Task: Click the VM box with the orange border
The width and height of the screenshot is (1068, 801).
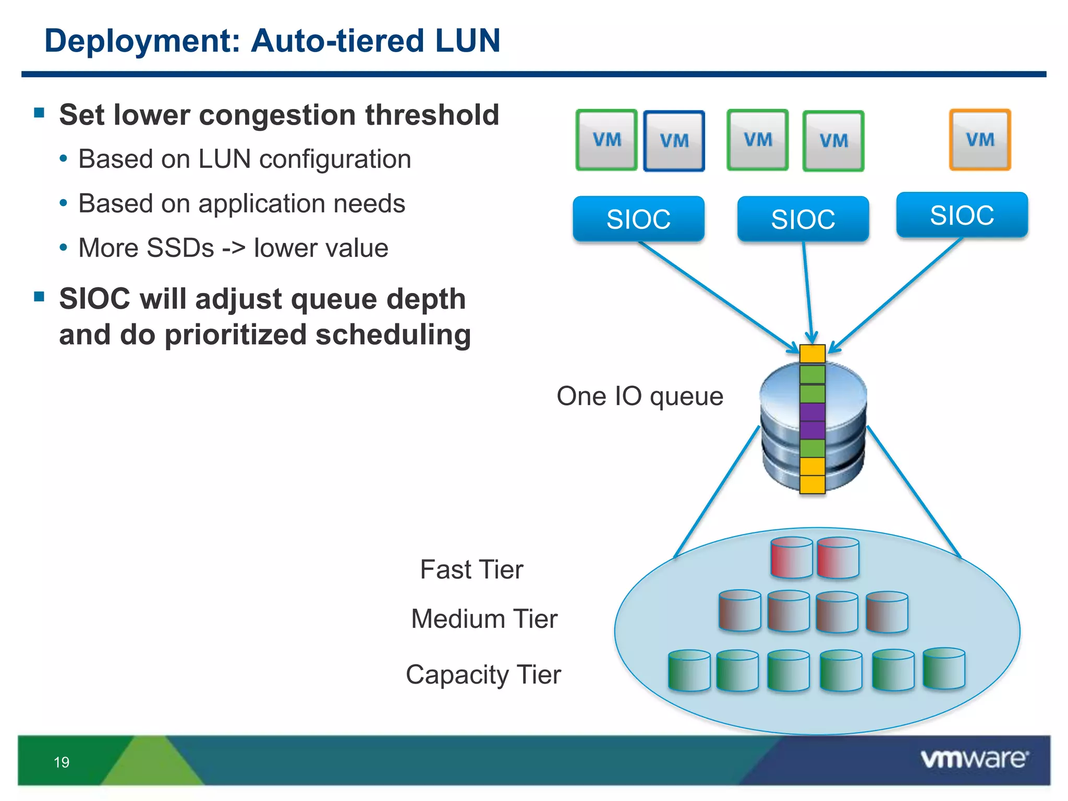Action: click(x=980, y=140)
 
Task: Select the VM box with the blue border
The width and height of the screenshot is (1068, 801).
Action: click(x=674, y=141)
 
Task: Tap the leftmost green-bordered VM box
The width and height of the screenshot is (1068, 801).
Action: click(x=606, y=140)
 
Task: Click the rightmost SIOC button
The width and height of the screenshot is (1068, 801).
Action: click(x=962, y=215)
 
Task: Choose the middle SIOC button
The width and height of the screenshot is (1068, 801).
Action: click(x=803, y=219)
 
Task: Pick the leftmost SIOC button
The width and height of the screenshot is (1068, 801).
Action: click(x=638, y=219)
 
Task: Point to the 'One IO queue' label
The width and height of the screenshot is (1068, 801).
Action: click(x=640, y=396)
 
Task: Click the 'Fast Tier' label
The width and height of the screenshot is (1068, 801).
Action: click(x=471, y=569)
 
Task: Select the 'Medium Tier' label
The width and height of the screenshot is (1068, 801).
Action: click(x=484, y=619)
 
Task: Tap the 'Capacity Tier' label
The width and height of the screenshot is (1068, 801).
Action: click(x=483, y=675)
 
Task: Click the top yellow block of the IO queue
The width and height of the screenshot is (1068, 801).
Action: click(x=812, y=354)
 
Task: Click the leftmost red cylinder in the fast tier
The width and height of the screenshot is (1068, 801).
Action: click(x=791, y=558)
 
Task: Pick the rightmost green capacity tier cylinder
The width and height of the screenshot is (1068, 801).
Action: click(x=943, y=669)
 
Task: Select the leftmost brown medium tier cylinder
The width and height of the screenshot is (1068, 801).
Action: click(x=739, y=611)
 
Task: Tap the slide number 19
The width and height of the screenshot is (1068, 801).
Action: click(x=62, y=762)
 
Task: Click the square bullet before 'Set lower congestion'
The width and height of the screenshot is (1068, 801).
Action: click(x=39, y=113)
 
